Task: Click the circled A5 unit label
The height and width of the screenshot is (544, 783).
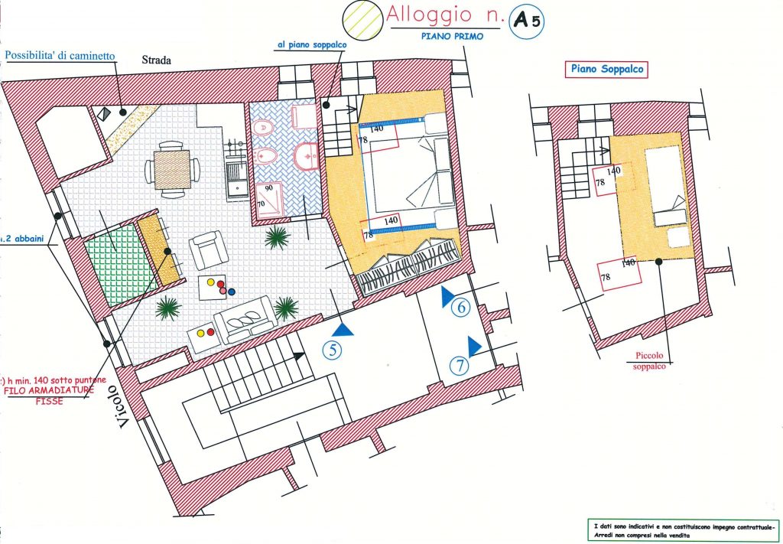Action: click(527, 21)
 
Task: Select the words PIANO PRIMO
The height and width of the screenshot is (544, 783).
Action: click(451, 36)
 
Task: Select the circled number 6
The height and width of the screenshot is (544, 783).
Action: click(460, 308)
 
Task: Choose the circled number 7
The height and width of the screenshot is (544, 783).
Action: click(458, 366)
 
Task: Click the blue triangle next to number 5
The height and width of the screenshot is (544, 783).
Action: click(345, 329)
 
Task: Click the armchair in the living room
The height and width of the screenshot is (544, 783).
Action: click(206, 249)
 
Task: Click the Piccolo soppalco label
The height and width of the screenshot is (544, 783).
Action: click(651, 360)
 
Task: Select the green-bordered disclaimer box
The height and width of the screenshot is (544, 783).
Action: click(681, 529)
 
